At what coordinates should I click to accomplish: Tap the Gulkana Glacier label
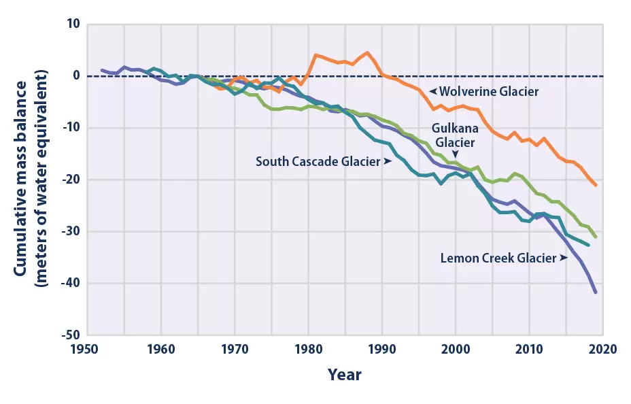tap(455, 135)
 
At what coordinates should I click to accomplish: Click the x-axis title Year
tap(345, 375)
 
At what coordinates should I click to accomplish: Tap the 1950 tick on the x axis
tap(88, 349)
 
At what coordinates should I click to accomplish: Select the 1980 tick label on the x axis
tap(308, 349)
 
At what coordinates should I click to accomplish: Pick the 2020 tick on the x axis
tap(602, 349)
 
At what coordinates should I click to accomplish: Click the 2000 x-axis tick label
tap(455, 349)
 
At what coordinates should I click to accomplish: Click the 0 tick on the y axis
tap(76, 76)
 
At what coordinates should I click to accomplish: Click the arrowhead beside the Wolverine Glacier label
tap(432, 90)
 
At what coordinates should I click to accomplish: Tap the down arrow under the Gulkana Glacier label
tap(455, 154)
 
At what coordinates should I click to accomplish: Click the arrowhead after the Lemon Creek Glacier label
tap(564, 258)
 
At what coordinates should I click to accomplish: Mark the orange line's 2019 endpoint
tap(596, 185)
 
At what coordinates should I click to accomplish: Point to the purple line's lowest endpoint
tap(596, 292)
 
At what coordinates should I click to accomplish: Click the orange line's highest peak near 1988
tap(367, 52)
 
